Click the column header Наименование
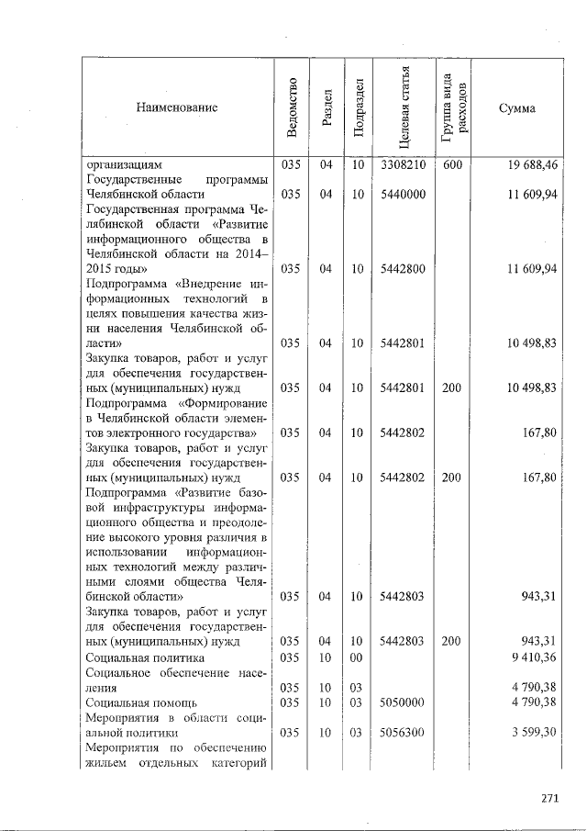coord(177,108)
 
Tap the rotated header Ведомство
coord(291,108)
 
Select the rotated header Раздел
coord(326,108)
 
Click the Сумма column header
coord(516,108)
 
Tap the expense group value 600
coord(451,165)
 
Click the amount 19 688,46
coord(531,165)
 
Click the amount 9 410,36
coord(533,657)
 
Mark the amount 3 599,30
coord(533,732)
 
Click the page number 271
coord(549,798)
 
